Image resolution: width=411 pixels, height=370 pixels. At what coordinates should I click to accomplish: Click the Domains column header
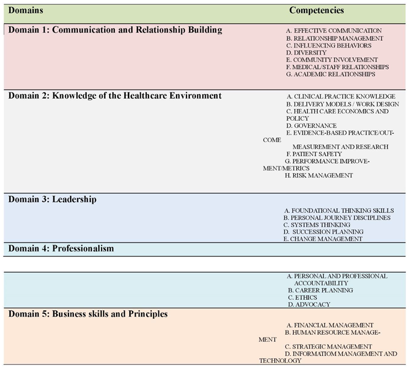point(26,11)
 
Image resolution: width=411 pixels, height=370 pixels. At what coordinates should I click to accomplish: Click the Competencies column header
point(316,10)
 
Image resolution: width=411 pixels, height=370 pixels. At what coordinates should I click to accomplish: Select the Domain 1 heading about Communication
point(115,30)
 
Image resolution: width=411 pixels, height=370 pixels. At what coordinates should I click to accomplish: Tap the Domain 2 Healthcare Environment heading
point(115,96)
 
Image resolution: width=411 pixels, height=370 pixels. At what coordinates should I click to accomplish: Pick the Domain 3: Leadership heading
point(52,200)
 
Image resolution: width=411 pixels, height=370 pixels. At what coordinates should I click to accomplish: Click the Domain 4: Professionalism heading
point(61,249)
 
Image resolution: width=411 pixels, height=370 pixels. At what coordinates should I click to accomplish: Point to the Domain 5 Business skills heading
point(88,314)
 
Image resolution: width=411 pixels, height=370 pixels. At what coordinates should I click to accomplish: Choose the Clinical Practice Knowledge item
point(340,96)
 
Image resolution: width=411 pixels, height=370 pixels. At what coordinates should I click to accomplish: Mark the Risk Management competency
point(318,175)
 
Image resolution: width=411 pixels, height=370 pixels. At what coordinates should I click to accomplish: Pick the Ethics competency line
point(306,297)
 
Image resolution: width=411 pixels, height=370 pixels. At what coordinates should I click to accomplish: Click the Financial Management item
point(330,325)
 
